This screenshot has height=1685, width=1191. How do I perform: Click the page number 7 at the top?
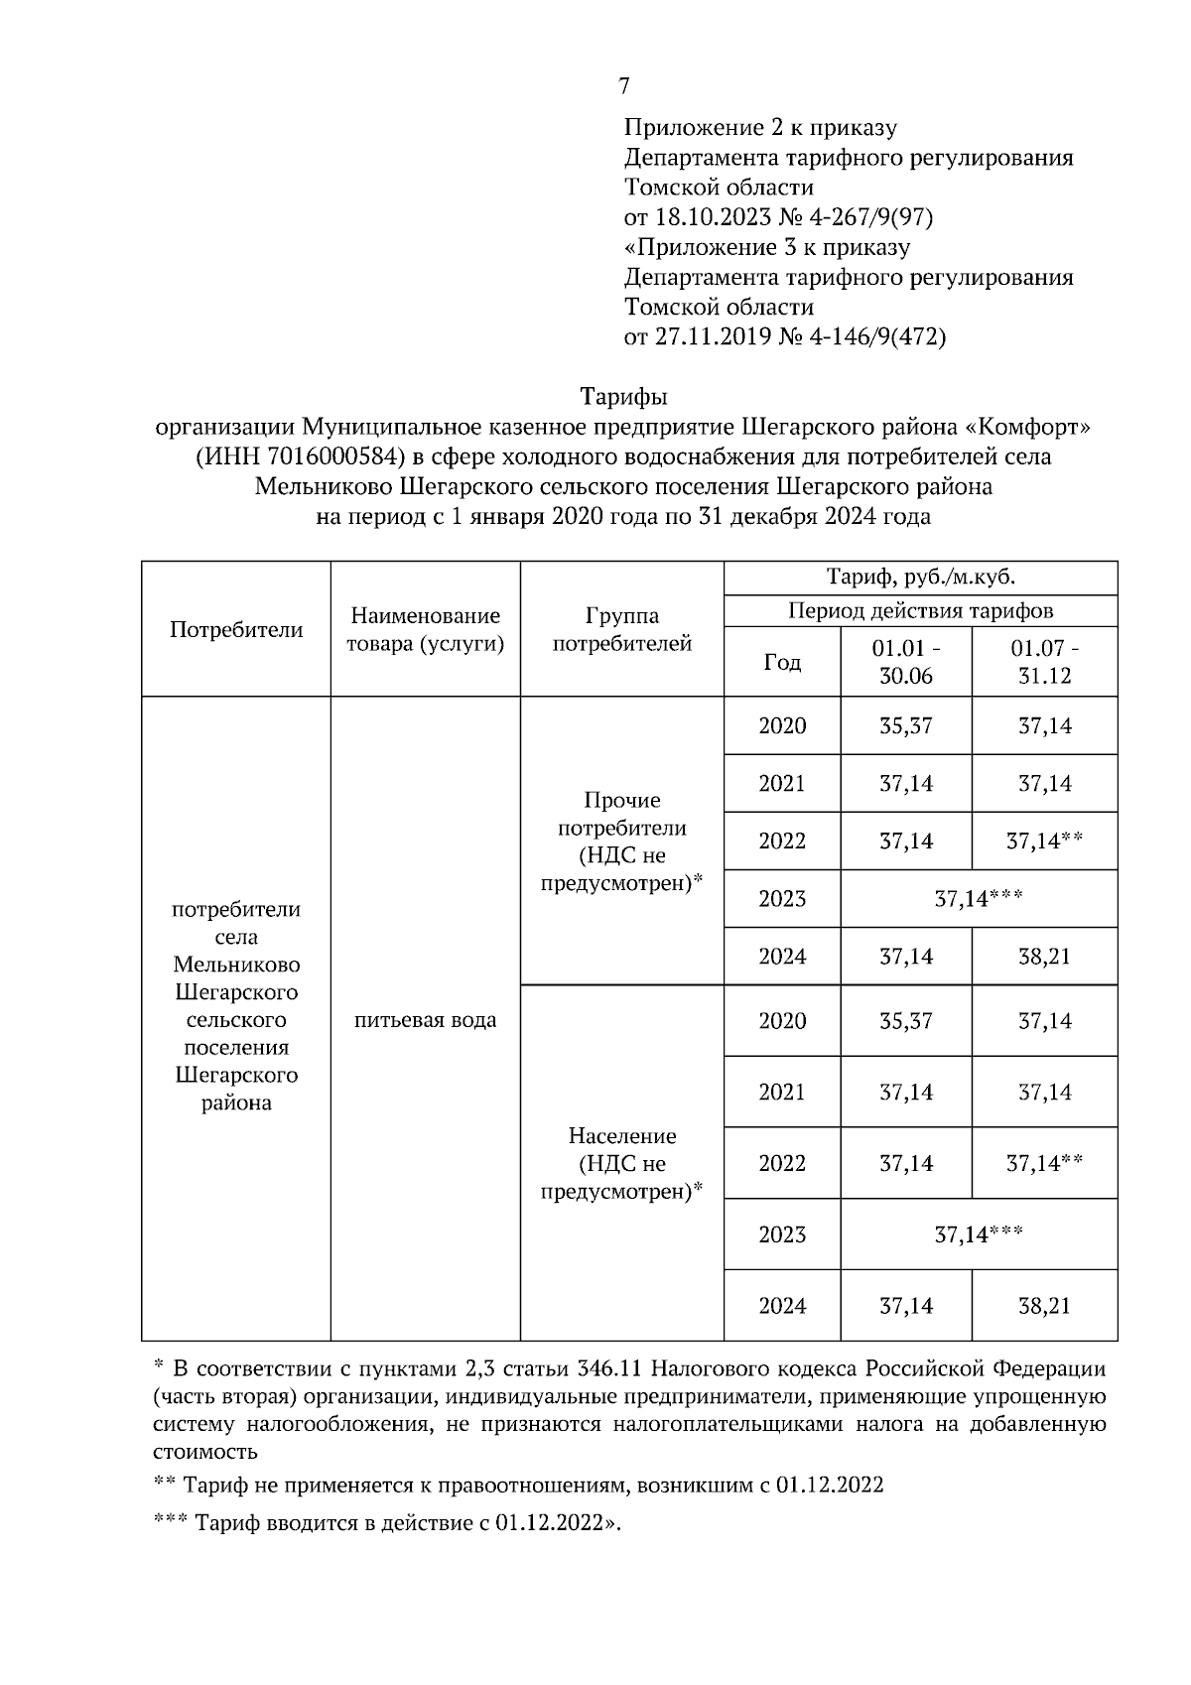[623, 86]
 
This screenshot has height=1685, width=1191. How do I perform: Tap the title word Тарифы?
[623, 397]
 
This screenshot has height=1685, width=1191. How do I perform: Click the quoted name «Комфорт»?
[1027, 427]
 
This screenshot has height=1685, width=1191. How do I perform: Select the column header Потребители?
[236, 630]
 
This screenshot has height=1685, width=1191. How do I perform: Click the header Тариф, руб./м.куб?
[920, 578]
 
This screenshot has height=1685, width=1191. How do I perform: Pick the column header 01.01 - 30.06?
[905, 662]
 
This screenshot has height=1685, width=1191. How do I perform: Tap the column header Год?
[782, 662]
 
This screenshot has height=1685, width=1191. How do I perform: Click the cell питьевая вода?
[425, 1020]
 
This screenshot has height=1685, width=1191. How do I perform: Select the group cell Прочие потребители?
[621, 814]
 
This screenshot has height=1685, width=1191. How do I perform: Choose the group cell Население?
[621, 1136]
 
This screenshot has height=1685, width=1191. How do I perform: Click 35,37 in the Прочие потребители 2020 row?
[905, 725]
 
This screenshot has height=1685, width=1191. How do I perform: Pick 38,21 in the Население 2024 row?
[1044, 1305]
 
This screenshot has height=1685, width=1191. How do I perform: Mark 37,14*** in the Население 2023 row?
[978, 1233]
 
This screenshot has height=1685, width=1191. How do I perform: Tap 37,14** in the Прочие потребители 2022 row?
[1044, 841]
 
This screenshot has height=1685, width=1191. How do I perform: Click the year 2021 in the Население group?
[782, 1092]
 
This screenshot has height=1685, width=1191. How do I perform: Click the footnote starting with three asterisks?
[387, 1523]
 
